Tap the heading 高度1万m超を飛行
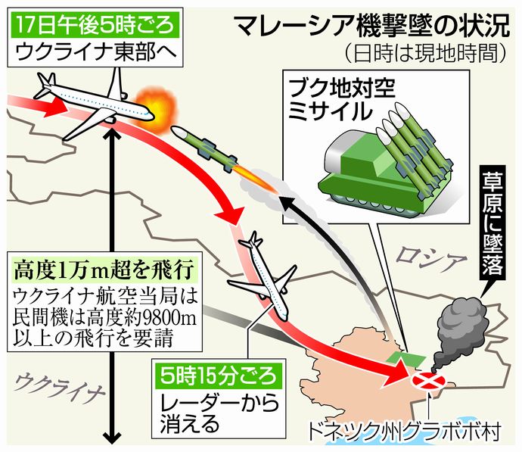tap(107, 269)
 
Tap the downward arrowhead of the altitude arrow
tap(113, 438)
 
